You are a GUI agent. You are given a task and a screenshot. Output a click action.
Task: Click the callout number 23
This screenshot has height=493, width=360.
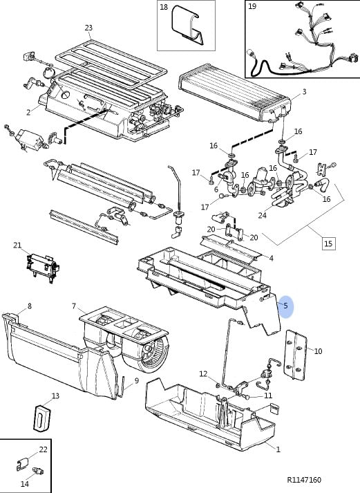[88, 28]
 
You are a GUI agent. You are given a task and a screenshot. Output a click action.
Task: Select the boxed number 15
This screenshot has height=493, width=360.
[328, 243]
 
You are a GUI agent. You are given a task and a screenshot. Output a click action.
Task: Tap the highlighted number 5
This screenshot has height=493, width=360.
[285, 306]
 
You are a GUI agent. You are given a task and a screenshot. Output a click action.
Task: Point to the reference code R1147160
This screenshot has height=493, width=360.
[304, 480]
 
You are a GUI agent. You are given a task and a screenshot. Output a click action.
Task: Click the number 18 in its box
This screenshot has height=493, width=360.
[164, 7]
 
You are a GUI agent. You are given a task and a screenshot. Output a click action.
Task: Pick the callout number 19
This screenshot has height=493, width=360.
[252, 6]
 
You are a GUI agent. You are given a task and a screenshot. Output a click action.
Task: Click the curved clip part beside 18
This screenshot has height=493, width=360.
[187, 25]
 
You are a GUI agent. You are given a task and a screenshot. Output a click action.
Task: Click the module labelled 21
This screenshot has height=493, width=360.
[43, 266]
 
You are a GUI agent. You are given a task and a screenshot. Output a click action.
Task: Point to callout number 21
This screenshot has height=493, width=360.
[17, 245]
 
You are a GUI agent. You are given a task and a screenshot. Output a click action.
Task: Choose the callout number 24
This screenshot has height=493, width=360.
[263, 215]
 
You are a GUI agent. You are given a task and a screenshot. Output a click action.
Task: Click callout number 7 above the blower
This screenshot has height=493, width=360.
[74, 306]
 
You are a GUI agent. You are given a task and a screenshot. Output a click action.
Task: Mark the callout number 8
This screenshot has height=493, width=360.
[30, 306]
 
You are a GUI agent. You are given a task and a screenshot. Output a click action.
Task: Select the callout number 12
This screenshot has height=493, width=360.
[203, 374]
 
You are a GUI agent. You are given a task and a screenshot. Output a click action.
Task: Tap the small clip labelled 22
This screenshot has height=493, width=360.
[21, 464]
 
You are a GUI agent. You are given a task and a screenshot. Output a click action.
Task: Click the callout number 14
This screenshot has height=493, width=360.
[24, 483]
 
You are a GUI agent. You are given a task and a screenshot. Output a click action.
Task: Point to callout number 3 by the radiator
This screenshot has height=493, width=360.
[304, 91]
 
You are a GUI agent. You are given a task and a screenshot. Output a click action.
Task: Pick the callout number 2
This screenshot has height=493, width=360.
[28, 112]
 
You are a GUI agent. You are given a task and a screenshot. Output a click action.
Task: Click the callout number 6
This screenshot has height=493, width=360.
[216, 189]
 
